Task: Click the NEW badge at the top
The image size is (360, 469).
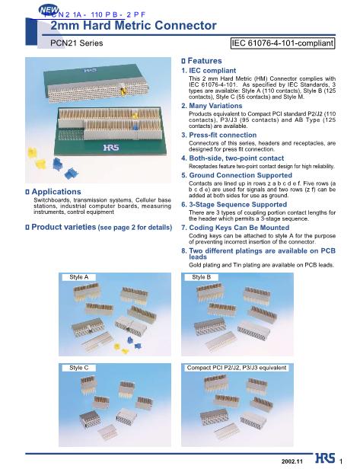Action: (49, 10)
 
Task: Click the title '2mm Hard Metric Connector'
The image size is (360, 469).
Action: (133, 25)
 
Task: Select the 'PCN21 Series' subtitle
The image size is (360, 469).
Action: (77, 43)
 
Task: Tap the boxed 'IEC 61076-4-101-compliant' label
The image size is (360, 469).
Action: (283, 43)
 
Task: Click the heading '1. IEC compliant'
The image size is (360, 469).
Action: (209, 71)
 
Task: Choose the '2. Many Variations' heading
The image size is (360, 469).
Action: (212, 106)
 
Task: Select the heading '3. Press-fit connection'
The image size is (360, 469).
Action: (219, 135)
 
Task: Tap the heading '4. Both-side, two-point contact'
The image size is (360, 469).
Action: (233, 158)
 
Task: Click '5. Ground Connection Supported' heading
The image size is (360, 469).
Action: (237, 175)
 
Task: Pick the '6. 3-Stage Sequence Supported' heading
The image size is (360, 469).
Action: (234, 205)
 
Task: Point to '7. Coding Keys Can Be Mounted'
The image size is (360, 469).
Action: (235, 228)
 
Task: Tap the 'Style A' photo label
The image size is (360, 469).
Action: (79, 277)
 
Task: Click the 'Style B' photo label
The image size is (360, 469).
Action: (201, 277)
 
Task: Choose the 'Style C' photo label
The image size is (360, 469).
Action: (79, 368)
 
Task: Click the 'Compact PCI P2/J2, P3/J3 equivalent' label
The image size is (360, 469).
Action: (237, 368)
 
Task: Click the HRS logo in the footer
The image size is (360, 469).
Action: (325, 458)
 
